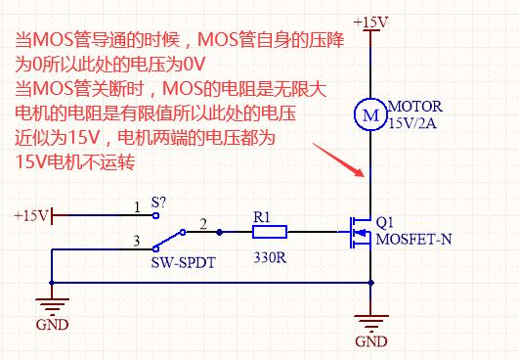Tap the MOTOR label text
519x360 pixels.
(415, 107)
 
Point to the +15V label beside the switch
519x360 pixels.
(31, 214)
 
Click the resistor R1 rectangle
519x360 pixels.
(269, 233)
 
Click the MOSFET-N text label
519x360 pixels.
(413, 237)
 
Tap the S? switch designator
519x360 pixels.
(158, 202)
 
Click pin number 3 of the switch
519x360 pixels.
(137, 241)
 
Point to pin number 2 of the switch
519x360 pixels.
(202, 223)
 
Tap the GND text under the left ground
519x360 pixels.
(52, 324)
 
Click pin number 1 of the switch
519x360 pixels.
(137, 206)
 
